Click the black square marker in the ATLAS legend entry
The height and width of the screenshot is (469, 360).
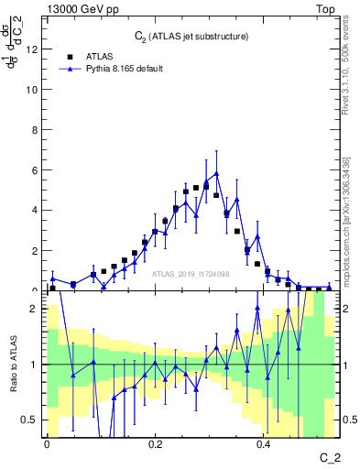pos(69,55)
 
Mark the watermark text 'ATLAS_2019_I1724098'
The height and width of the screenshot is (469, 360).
pos(191,273)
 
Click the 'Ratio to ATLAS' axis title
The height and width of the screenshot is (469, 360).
pos(12,365)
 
